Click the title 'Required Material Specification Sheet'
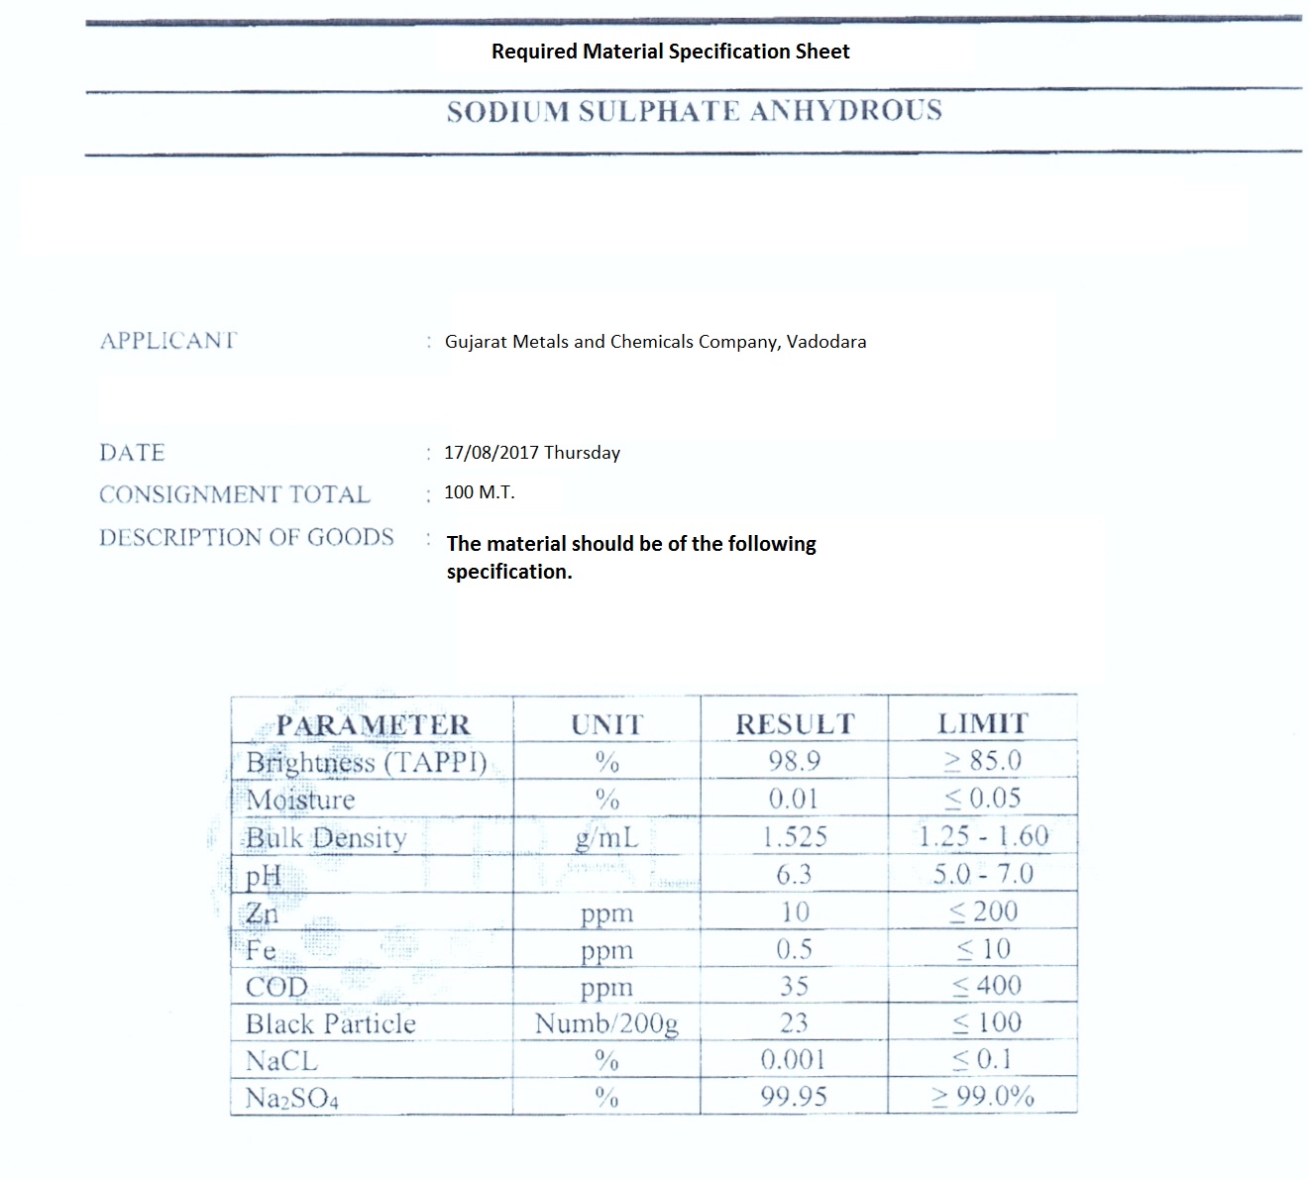(x=670, y=52)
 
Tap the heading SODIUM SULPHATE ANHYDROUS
(x=694, y=111)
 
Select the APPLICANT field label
(x=168, y=341)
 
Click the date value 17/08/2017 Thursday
(x=532, y=453)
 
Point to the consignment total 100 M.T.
(x=480, y=492)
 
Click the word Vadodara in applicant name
(x=826, y=342)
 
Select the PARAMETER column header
(x=373, y=725)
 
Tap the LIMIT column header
(x=983, y=724)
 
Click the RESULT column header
(x=794, y=724)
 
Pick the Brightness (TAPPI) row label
(x=367, y=763)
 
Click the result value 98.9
(x=794, y=761)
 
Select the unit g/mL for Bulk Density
(x=606, y=838)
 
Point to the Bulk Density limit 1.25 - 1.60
(x=983, y=836)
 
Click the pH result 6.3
(x=794, y=874)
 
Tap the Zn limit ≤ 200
(x=983, y=911)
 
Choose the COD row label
(x=276, y=987)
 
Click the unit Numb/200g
(x=606, y=1023)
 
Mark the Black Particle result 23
(x=794, y=1022)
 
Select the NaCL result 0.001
(x=794, y=1060)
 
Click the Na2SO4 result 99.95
(x=794, y=1097)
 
